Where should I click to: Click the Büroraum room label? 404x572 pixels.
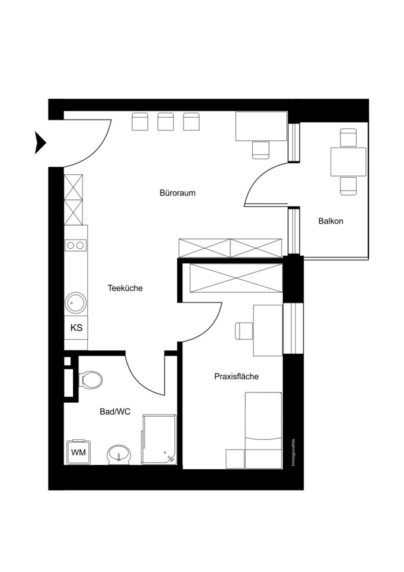tap(177, 193)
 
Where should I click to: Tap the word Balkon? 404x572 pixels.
tap(331, 221)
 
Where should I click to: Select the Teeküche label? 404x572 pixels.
tap(125, 288)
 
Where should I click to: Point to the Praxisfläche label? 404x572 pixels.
tap(236, 376)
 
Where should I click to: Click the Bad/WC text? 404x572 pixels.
tap(115, 412)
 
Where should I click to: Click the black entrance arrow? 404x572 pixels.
tap(40, 142)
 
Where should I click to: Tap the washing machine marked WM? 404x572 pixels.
tap(78, 451)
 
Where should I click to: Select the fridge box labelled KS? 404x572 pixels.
tap(76, 328)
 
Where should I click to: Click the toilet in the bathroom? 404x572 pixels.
tap(91, 379)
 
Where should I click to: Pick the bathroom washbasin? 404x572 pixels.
tap(119, 455)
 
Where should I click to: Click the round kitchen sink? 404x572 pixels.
tap(76, 302)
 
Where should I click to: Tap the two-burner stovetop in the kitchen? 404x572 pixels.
tap(76, 245)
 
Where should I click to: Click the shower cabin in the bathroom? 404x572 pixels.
tap(159, 439)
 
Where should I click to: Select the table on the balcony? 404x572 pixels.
tap(348, 162)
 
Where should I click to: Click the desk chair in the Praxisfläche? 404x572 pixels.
tap(244, 330)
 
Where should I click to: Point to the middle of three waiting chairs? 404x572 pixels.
tap(166, 122)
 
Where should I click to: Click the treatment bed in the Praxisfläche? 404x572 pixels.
tap(263, 431)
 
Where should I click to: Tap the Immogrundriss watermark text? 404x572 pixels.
tap(293, 453)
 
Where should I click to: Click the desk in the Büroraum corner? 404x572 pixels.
tap(261, 126)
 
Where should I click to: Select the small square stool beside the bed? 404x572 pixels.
tap(235, 459)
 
